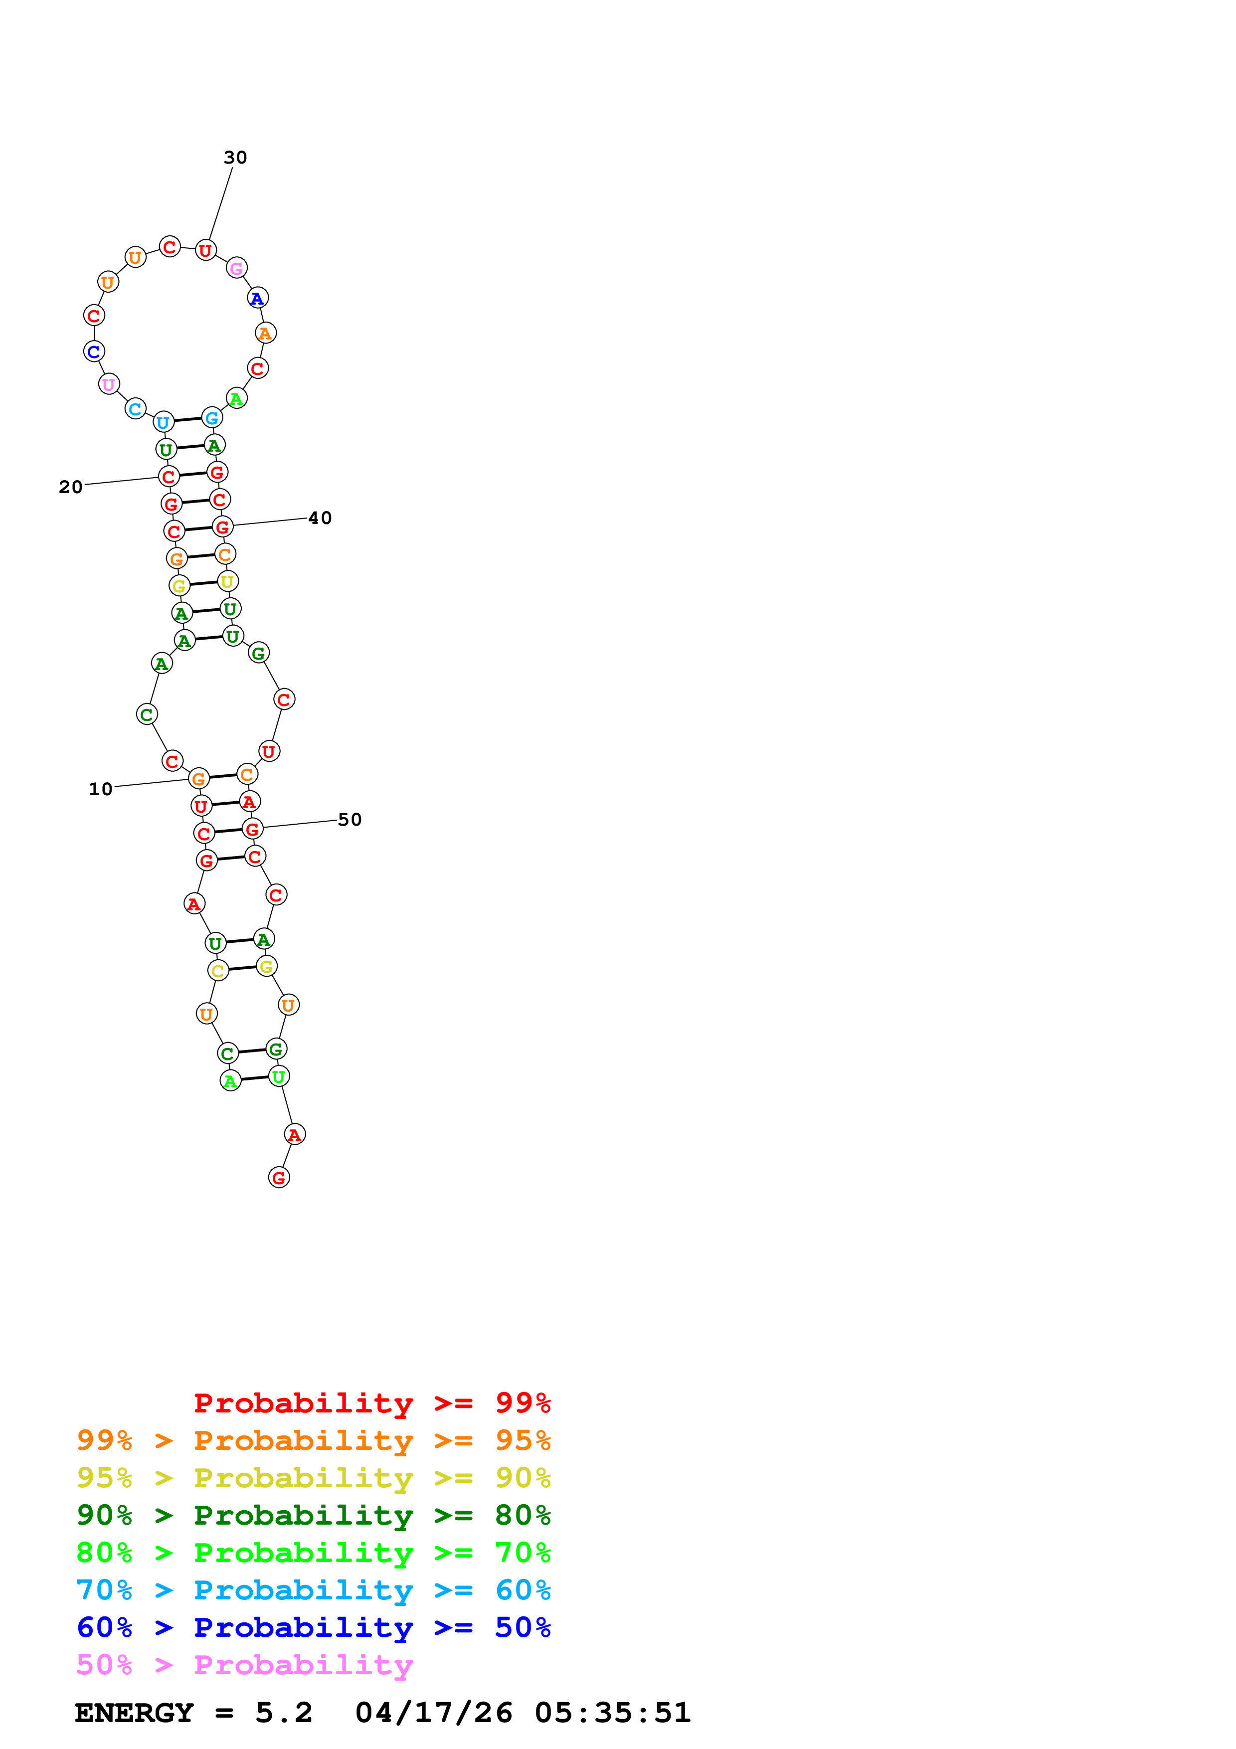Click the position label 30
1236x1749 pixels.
point(235,158)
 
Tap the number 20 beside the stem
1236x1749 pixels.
point(71,487)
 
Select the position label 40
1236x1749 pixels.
point(320,518)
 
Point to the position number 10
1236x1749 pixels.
point(101,789)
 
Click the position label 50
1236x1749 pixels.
point(350,820)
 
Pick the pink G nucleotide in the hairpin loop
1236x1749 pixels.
point(237,268)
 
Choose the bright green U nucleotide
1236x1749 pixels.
point(279,1076)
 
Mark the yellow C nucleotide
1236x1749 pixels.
point(218,971)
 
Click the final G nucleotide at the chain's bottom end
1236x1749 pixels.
point(279,1178)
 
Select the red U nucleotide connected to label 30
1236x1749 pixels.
point(205,250)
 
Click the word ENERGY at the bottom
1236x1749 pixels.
point(133,1713)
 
